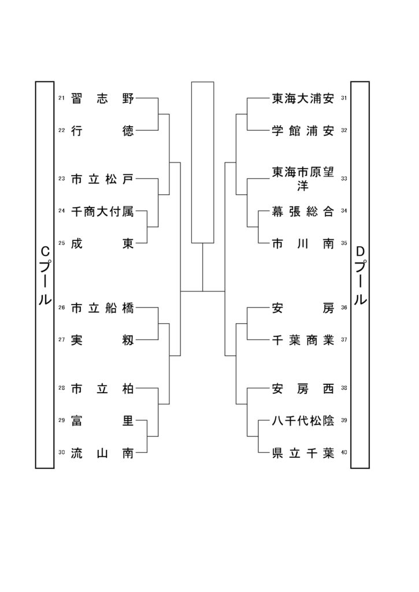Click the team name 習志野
coord(102,98)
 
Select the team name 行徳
coord(102,131)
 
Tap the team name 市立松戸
coord(102,179)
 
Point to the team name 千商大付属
coord(102,211)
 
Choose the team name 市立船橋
coord(102,308)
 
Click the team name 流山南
coord(102,453)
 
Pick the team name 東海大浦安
coord(303,98)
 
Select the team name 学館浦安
coord(303,131)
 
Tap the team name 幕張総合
coord(303,211)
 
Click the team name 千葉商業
coord(303,340)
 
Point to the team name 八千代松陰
coord(303,420)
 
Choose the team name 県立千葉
coord(303,453)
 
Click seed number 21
coord(61,98)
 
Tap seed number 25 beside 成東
coord(61,243)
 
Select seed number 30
coord(61,452)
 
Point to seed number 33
coord(344,179)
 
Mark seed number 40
coord(344,452)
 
